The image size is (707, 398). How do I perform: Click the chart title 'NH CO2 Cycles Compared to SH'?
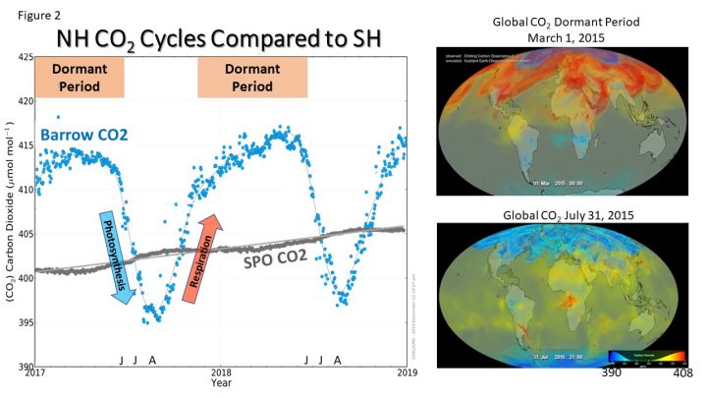pyautogui.click(x=219, y=38)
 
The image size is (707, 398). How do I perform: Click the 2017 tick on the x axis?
pyautogui.click(x=35, y=373)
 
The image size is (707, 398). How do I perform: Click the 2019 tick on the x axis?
pyautogui.click(x=407, y=373)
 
